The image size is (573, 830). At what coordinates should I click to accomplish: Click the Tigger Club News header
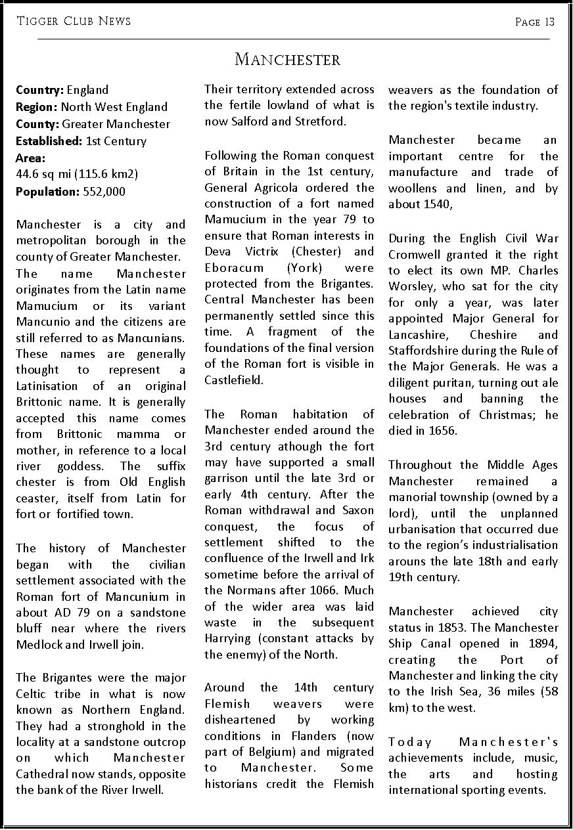click(x=74, y=21)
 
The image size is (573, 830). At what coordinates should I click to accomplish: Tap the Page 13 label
click(x=535, y=22)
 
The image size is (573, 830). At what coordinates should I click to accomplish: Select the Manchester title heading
click(x=287, y=60)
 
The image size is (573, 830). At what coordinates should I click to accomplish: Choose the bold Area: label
click(x=31, y=158)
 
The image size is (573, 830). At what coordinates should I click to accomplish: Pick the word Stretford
click(x=322, y=121)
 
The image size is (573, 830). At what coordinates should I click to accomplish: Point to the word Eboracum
click(x=236, y=268)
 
